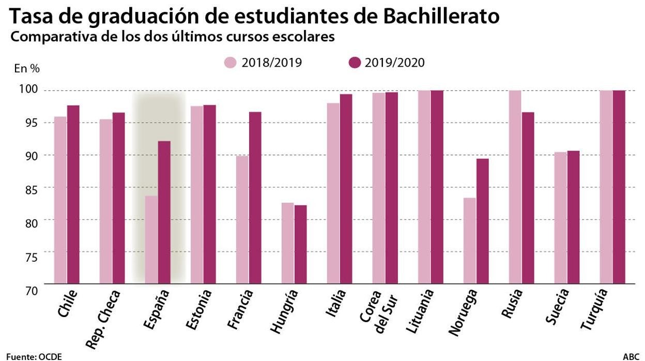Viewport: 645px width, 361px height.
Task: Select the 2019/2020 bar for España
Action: [164, 213]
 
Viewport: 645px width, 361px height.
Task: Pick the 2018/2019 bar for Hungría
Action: [288, 243]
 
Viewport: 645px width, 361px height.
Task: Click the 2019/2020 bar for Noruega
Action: [482, 221]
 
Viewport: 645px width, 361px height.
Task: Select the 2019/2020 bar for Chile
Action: [73, 195]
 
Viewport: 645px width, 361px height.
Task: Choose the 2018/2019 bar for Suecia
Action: [560, 218]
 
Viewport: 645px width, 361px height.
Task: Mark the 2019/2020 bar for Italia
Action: [346, 189]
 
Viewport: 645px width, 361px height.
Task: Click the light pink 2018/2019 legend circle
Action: [231, 63]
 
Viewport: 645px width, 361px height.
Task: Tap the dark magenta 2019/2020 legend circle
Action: [355, 63]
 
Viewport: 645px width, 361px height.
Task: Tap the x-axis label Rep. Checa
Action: [103, 319]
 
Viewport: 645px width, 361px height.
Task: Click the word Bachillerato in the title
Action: [441, 17]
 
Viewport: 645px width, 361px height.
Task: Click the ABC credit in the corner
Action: [631, 356]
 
